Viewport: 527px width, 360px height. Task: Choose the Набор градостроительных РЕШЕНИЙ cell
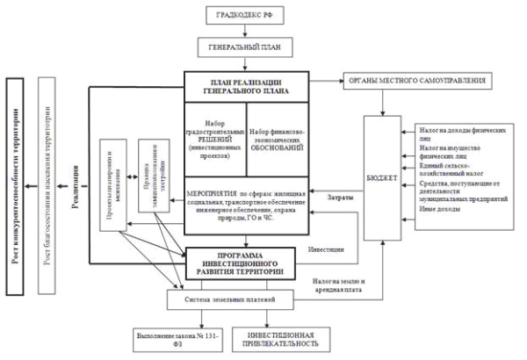(215, 138)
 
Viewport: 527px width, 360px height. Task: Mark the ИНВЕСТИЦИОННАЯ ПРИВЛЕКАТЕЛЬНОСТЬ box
(276, 341)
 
